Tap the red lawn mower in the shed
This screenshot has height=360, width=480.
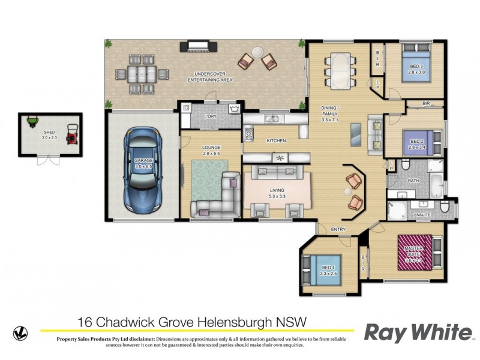pyautogui.click(x=72, y=134)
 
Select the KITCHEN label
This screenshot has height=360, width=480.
pyautogui.click(x=276, y=140)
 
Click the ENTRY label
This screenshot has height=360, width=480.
pyautogui.click(x=338, y=229)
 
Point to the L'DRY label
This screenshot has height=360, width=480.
pyautogui.click(x=210, y=116)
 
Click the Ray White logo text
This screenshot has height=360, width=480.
pyautogui.click(x=418, y=332)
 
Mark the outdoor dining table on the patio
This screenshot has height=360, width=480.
pyautogui.click(x=142, y=75)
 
